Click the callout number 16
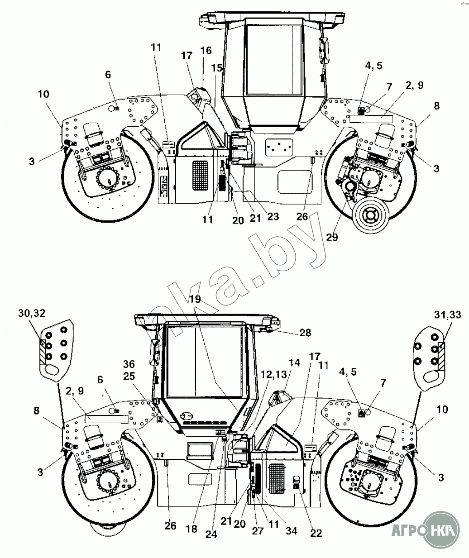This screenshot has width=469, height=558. click(x=206, y=51)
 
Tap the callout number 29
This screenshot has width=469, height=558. click(x=332, y=237)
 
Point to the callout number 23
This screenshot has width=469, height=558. click(x=273, y=216)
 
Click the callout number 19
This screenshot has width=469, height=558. click(x=195, y=299)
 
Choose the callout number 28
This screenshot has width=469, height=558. click(x=305, y=333)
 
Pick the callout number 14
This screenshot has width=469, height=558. click(x=294, y=362)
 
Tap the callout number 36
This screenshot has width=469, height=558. click(x=129, y=364)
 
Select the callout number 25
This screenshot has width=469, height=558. click(x=129, y=376)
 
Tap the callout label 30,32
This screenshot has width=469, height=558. click(x=32, y=313)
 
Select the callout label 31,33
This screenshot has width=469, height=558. click(x=448, y=315)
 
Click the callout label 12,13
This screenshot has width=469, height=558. click(x=274, y=375)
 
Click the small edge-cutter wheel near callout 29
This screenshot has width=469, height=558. click(x=371, y=215)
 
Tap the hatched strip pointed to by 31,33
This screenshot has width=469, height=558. click(x=441, y=356)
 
